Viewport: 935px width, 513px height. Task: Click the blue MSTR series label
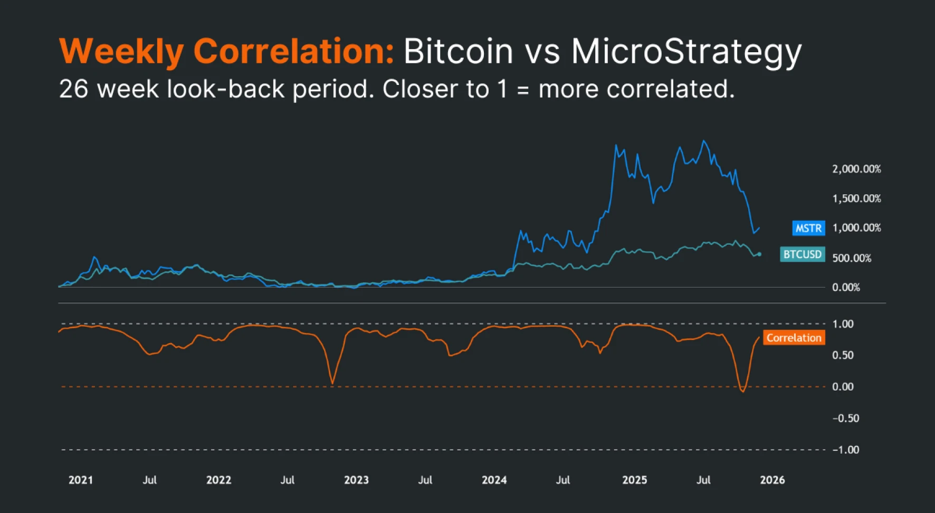pyautogui.click(x=808, y=228)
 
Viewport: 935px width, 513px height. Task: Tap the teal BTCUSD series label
pyautogui.click(x=802, y=254)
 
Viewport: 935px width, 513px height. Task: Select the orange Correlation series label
pyautogui.click(x=794, y=338)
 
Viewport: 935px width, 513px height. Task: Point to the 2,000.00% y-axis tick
pyautogui.click(x=856, y=169)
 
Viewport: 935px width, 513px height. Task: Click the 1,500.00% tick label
pyautogui.click(x=856, y=198)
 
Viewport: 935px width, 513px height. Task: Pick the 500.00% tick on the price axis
pyautogui.click(x=852, y=258)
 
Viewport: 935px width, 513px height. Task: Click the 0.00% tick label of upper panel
pyautogui.click(x=846, y=288)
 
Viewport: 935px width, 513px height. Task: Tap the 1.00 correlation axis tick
pyautogui.click(x=843, y=324)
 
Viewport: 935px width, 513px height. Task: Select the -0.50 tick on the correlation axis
pyautogui.click(x=845, y=419)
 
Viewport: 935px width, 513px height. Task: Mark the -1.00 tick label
pyautogui.click(x=845, y=450)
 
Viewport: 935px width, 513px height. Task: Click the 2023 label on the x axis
pyautogui.click(x=356, y=480)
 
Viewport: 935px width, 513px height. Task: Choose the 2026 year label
pyautogui.click(x=772, y=480)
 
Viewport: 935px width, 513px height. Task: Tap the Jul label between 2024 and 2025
pyautogui.click(x=563, y=480)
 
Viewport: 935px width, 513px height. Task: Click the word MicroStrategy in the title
pyautogui.click(x=686, y=52)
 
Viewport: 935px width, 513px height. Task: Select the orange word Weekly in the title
pyautogui.click(x=121, y=52)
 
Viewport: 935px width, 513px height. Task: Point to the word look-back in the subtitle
pyautogui.click(x=226, y=89)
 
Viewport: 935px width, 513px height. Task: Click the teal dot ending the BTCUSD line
pyautogui.click(x=759, y=254)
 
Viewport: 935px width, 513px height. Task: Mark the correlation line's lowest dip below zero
pyautogui.click(x=743, y=391)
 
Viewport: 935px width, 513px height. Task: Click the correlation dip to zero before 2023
pyautogui.click(x=332, y=383)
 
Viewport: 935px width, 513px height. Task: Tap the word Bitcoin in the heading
pyautogui.click(x=458, y=52)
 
